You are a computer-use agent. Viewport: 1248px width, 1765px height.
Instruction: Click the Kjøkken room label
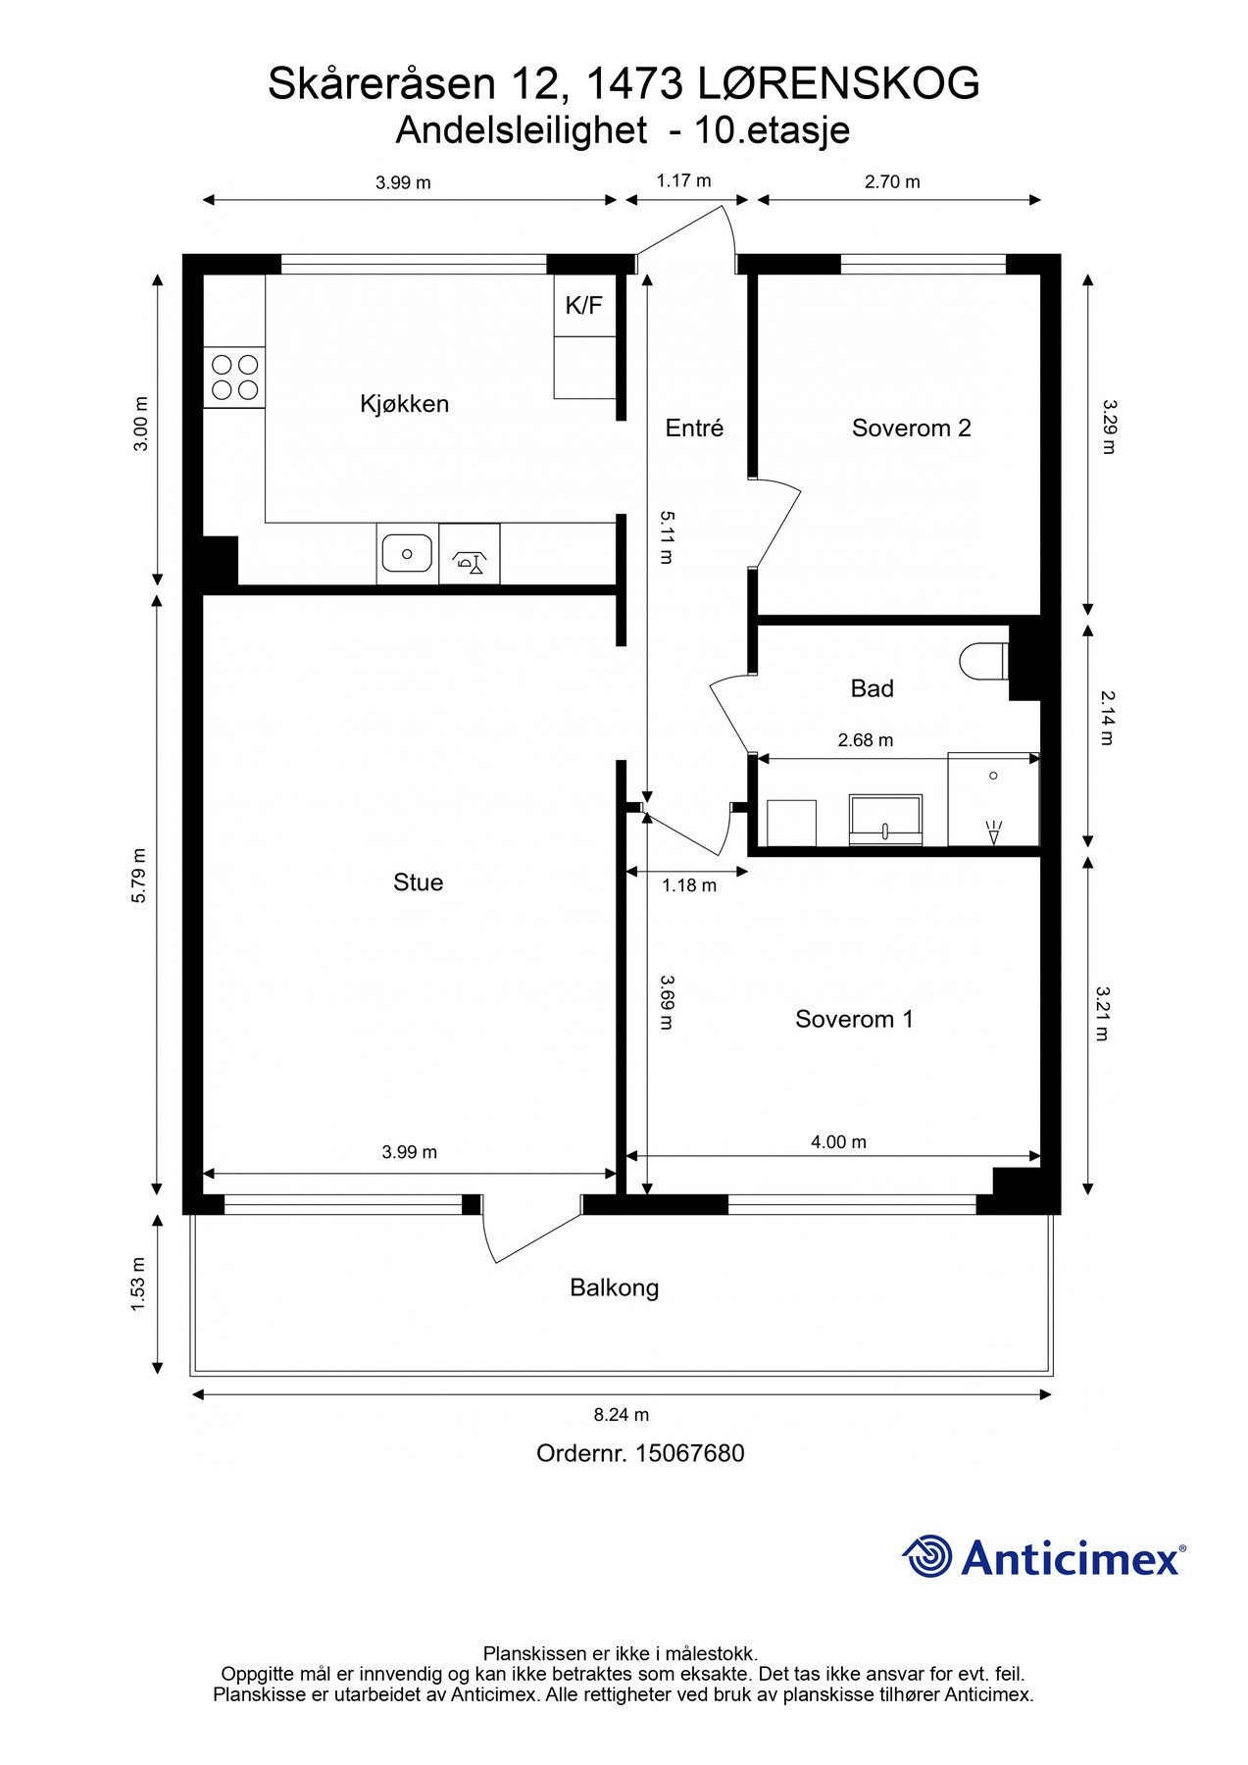(404, 404)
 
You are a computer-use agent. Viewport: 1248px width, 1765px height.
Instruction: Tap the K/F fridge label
(583, 305)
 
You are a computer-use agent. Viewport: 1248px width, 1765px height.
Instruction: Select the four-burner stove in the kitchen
(234, 378)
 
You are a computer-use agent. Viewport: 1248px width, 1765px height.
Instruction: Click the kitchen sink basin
(407, 554)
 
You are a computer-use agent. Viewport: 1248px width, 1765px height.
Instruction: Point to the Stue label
(418, 882)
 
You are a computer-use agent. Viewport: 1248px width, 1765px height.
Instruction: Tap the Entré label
(694, 428)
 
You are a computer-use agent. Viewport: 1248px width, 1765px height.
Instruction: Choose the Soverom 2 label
(911, 428)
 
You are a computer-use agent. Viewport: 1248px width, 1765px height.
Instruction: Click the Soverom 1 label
(854, 1019)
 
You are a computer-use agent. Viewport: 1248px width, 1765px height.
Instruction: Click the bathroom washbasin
(885, 820)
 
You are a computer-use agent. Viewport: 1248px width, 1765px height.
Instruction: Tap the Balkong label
(615, 1287)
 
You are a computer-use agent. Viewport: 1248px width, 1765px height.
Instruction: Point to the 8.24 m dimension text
(622, 1414)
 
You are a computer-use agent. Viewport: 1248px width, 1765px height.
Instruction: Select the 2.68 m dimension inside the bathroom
(866, 740)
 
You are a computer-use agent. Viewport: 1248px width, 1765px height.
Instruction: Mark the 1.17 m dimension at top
(684, 180)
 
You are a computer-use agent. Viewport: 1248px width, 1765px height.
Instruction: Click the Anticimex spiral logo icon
(926, 1556)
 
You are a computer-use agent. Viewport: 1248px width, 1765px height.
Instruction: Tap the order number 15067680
(690, 1453)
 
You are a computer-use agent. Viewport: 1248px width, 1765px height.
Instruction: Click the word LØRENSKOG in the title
(839, 83)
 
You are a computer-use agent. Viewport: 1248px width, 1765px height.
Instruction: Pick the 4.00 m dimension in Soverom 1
(839, 1141)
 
